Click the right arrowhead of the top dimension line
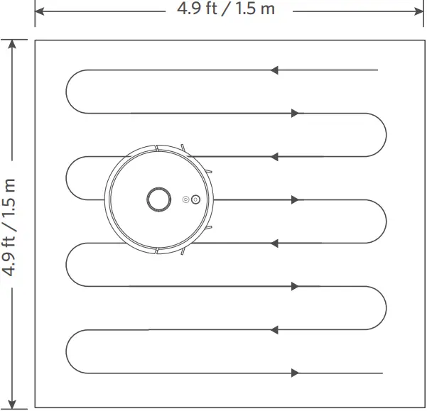point(421,11)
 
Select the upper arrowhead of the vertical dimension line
point(11,43)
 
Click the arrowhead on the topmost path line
point(275,70)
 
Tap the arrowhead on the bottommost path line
point(295,373)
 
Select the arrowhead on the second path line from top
point(295,113)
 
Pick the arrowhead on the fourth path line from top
point(295,199)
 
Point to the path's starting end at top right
point(377,70)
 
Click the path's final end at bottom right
point(382,373)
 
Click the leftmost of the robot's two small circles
point(186,199)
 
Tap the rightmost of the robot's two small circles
point(195,199)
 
